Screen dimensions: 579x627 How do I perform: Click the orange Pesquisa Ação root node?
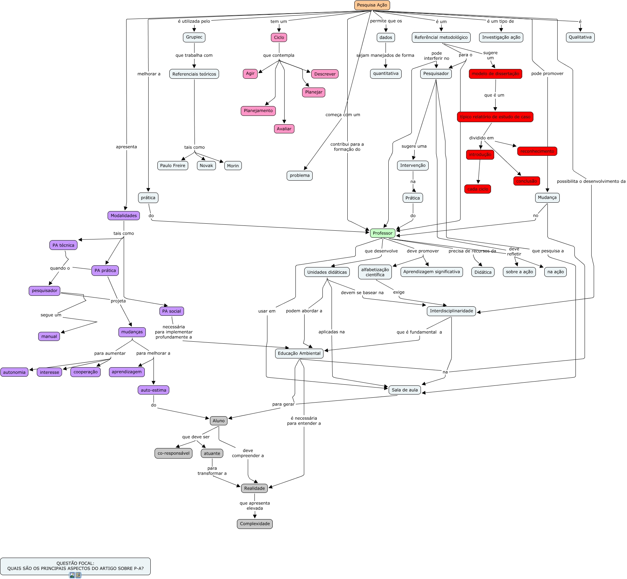(x=372, y=5)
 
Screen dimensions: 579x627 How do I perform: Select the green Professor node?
(x=382, y=233)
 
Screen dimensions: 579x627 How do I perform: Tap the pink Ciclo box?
(x=279, y=37)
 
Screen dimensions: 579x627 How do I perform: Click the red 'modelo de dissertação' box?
(x=495, y=74)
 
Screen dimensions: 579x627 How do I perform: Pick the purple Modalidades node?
(x=124, y=216)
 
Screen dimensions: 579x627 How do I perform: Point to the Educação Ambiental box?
(x=299, y=354)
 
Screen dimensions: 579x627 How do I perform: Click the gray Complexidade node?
(x=255, y=524)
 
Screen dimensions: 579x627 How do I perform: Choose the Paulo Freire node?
(x=172, y=166)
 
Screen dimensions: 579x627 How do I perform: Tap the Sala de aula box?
(x=404, y=390)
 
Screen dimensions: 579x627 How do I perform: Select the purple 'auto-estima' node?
(x=154, y=390)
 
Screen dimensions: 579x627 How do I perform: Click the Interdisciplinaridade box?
(x=451, y=311)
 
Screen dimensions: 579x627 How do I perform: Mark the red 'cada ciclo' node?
(x=478, y=189)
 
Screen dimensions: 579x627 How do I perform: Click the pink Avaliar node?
(x=284, y=129)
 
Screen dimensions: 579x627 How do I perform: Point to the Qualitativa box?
(x=580, y=37)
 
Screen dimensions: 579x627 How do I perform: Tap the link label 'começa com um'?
(x=342, y=115)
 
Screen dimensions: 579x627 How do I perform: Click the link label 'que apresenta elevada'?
(x=255, y=506)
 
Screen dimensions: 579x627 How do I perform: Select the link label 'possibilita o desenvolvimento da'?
(x=591, y=181)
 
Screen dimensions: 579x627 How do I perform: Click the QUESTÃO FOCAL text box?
(x=75, y=566)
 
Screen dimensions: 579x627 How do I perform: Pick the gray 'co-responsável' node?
(x=173, y=453)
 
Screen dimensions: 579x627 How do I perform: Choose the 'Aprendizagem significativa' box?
(x=431, y=272)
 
